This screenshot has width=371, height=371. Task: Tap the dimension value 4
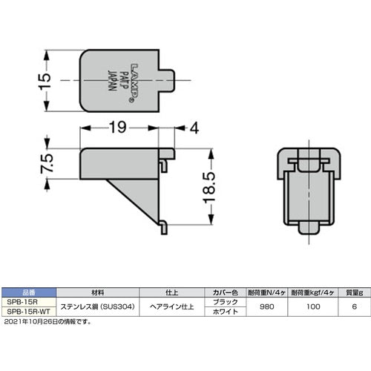point(194,128)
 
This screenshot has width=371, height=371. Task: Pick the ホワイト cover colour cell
point(226,312)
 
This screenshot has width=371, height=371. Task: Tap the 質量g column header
point(352,293)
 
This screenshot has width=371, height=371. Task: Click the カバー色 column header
point(226,293)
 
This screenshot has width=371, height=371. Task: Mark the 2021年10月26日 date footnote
point(46,321)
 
